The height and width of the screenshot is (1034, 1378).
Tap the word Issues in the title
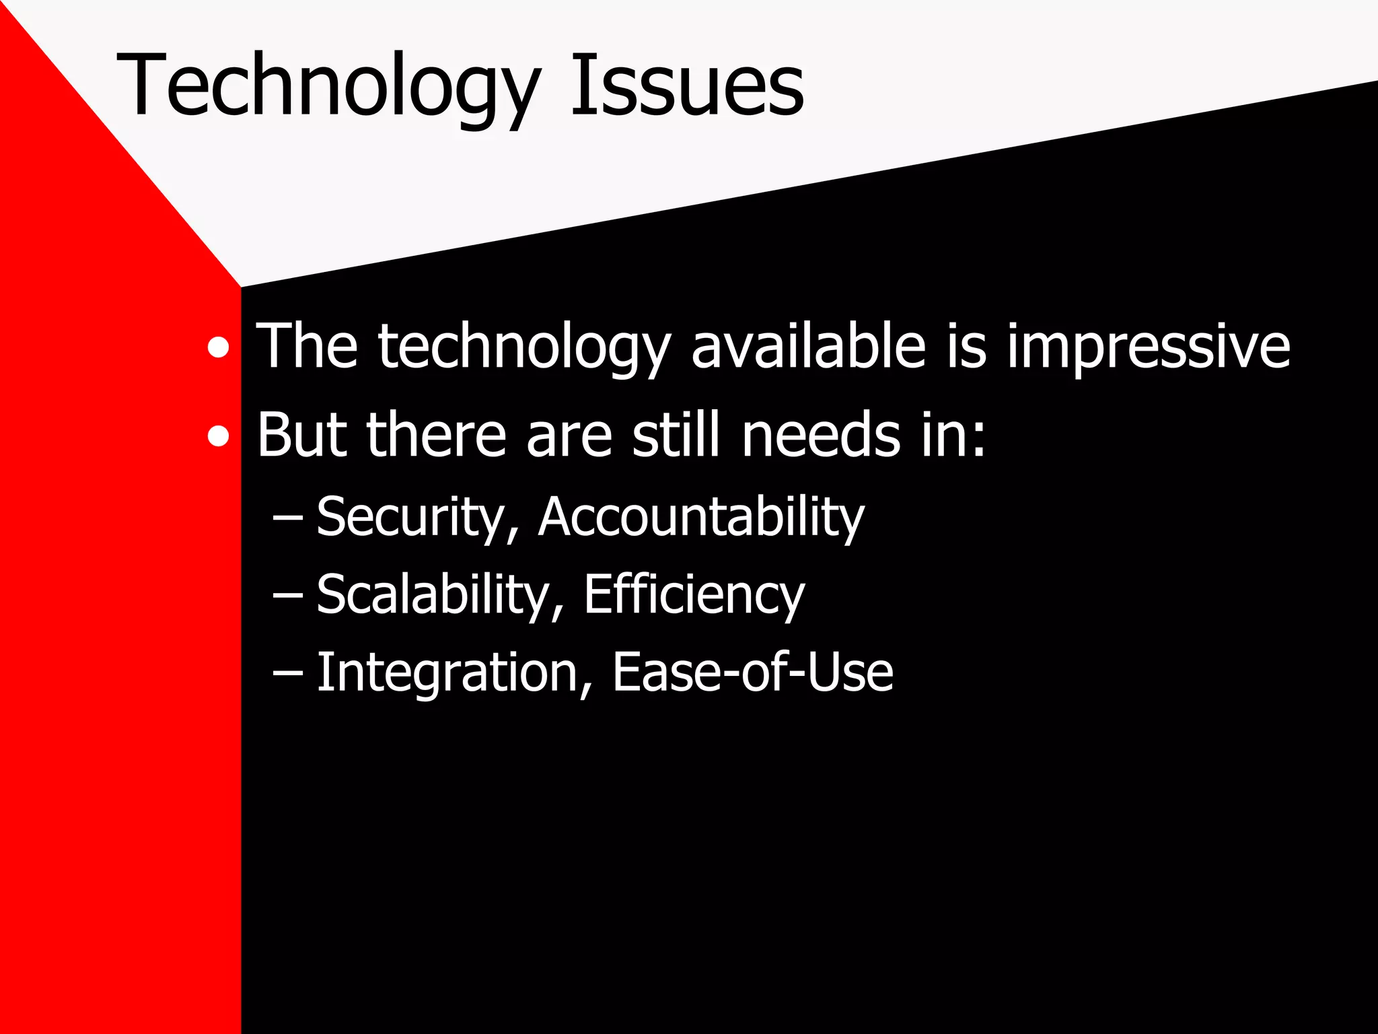(x=687, y=86)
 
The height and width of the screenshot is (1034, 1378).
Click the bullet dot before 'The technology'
(x=218, y=348)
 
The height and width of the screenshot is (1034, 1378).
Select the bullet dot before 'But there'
(x=218, y=438)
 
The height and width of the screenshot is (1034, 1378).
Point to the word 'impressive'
(x=1148, y=347)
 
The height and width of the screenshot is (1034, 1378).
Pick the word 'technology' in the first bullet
(x=524, y=348)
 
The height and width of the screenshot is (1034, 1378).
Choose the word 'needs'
(x=820, y=435)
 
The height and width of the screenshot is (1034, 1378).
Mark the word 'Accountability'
(x=701, y=518)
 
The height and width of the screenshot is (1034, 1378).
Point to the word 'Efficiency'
(x=694, y=595)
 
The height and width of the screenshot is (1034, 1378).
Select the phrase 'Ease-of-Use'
(x=752, y=673)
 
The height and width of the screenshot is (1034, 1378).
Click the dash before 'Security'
(x=288, y=518)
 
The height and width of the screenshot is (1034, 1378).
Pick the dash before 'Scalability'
(x=288, y=596)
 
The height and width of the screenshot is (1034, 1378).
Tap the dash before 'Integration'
(x=288, y=673)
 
